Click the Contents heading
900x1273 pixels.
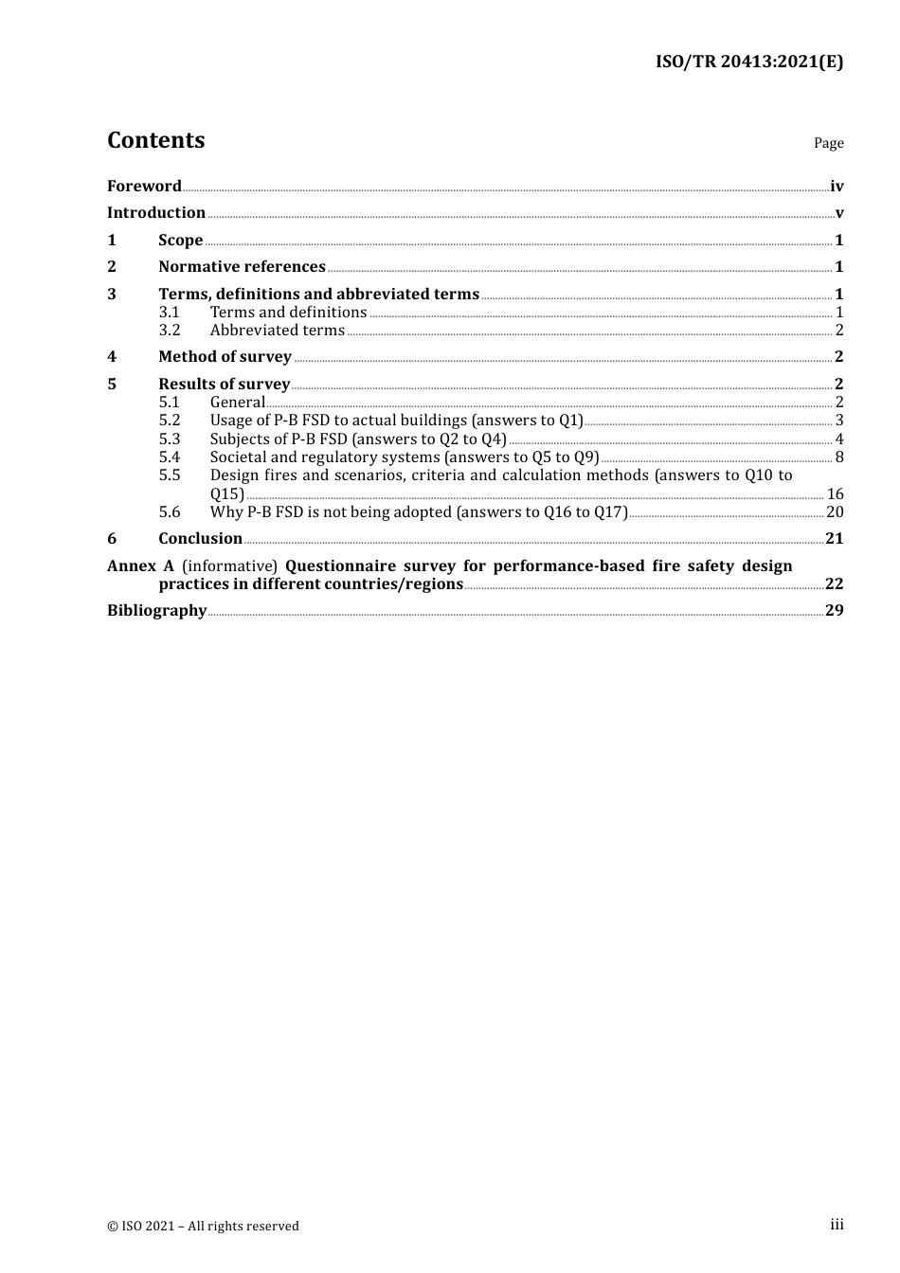point(155,140)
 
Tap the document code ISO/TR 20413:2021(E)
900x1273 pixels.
point(749,62)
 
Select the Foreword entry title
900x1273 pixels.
point(144,186)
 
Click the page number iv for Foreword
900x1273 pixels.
point(837,186)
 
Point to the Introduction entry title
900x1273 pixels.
point(156,212)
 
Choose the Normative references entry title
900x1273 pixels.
point(242,266)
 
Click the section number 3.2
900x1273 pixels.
point(170,330)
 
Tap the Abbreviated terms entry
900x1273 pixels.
point(278,330)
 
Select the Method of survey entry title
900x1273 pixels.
point(225,356)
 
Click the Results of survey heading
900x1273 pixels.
point(224,384)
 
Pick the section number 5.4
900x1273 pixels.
point(170,457)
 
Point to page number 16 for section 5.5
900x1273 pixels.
point(835,493)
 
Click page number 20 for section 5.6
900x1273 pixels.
point(835,511)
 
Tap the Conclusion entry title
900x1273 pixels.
point(200,538)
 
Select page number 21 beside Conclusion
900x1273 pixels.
point(834,538)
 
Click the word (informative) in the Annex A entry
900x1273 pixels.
point(229,565)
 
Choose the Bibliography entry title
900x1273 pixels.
point(156,610)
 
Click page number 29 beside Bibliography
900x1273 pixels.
point(834,610)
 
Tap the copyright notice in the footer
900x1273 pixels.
point(203,1226)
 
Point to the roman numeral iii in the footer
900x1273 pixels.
point(837,1225)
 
